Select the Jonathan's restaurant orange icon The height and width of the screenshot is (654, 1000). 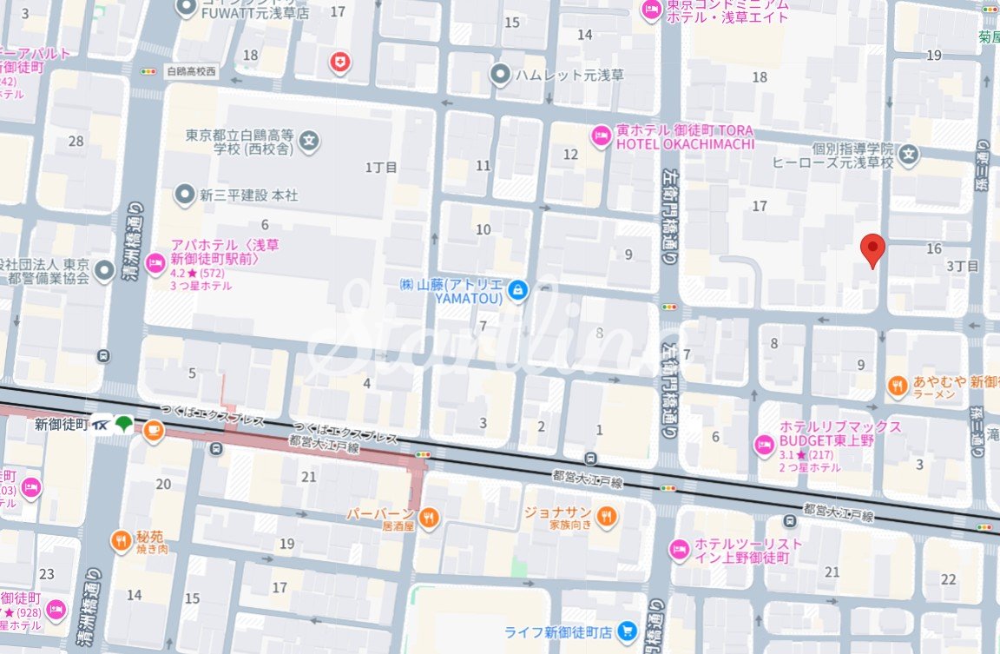tap(607, 517)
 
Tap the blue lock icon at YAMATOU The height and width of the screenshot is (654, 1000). tap(517, 290)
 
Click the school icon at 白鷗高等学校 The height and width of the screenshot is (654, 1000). tap(310, 141)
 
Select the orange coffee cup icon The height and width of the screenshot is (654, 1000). tap(153, 430)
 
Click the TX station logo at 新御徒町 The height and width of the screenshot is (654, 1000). tap(102, 425)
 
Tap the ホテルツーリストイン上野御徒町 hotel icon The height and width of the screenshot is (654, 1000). tap(679, 550)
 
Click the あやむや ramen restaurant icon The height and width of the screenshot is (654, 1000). tap(898, 386)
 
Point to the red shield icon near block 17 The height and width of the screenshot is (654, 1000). tap(339, 62)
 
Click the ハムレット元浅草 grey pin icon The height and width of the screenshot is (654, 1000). tap(500, 75)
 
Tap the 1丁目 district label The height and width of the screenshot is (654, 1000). tap(381, 167)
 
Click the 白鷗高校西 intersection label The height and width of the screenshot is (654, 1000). tap(191, 71)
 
